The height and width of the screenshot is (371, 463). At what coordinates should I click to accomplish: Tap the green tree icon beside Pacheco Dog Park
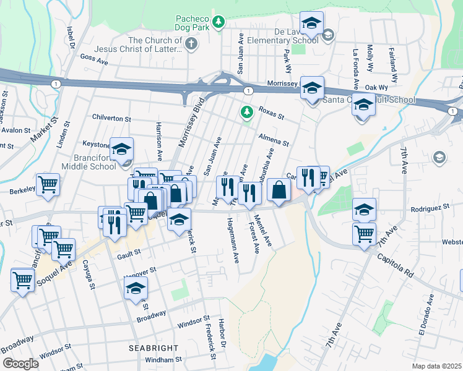(x=218, y=23)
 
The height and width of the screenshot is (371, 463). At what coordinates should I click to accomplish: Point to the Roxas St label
(x=271, y=113)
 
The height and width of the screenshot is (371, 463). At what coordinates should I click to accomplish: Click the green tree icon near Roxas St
(x=247, y=111)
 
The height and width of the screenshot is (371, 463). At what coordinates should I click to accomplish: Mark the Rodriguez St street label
(x=423, y=208)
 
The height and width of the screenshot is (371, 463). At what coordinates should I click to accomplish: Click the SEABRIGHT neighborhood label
(x=154, y=348)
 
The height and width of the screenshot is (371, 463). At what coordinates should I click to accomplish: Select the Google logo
(x=20, y=364)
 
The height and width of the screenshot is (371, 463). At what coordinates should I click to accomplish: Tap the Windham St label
(x=163, y=359)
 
